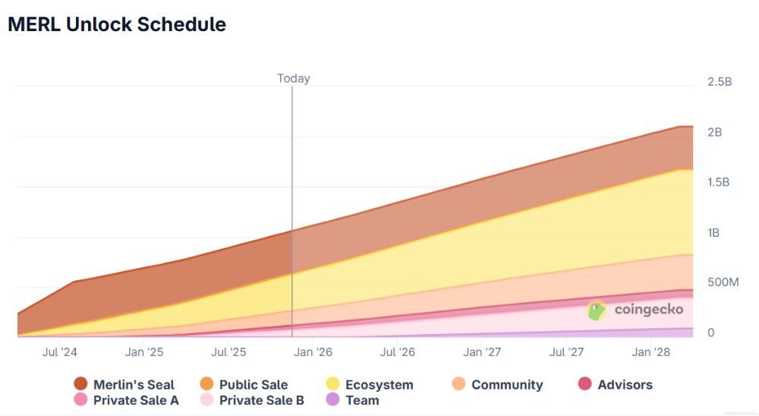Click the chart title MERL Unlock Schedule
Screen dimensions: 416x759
117,24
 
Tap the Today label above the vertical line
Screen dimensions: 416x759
293,78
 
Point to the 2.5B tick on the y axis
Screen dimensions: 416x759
719,82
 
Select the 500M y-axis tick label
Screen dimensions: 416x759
723,282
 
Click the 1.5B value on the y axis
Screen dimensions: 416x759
719,182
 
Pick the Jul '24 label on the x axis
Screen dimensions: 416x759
60,352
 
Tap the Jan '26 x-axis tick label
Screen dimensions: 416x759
313,352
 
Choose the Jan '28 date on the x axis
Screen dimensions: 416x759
651,352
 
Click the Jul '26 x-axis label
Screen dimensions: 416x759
397,352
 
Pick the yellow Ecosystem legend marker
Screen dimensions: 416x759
332,385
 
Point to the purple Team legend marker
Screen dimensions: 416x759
332,400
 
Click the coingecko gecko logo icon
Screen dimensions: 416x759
597,310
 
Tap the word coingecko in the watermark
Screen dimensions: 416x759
648,310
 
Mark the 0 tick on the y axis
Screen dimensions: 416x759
711,332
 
